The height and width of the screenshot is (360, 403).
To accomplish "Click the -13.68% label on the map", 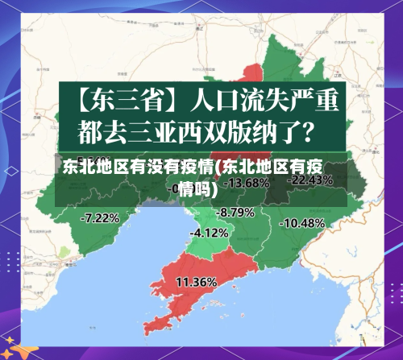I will pyautogui.click(x=247, y=184).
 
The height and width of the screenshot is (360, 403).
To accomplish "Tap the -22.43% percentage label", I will pyautogui.click(x=310, y=180).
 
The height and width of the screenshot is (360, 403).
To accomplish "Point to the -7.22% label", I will pyautogui.click(x=101, y=217).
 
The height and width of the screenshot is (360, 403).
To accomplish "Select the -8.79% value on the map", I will pyautogui.click(x=236, y=213).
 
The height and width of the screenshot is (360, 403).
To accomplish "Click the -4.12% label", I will pyautogui.click(x=209, y=233).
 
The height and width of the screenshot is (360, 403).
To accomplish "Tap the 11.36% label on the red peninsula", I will pyautogui.click(x=196, y=282).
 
